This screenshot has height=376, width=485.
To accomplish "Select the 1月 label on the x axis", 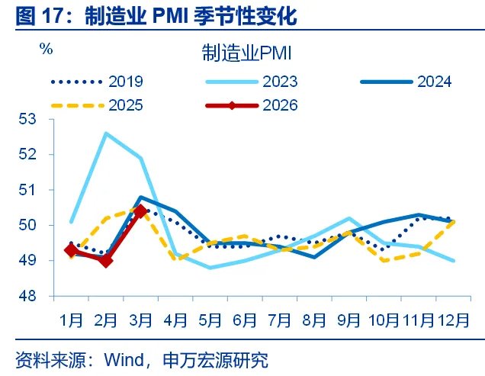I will [x=72, y=318].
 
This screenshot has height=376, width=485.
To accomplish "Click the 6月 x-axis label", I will [x=245, y=318].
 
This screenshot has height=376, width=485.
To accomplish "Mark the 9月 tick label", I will [x=348, y=318].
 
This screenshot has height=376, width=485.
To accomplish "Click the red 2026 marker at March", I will [x=140, y=211].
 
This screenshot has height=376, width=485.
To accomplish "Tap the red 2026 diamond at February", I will [x=106, y=260].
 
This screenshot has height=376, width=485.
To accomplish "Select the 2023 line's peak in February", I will [x=106, y=133].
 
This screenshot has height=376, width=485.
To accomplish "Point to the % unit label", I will [x=46, y=49].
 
